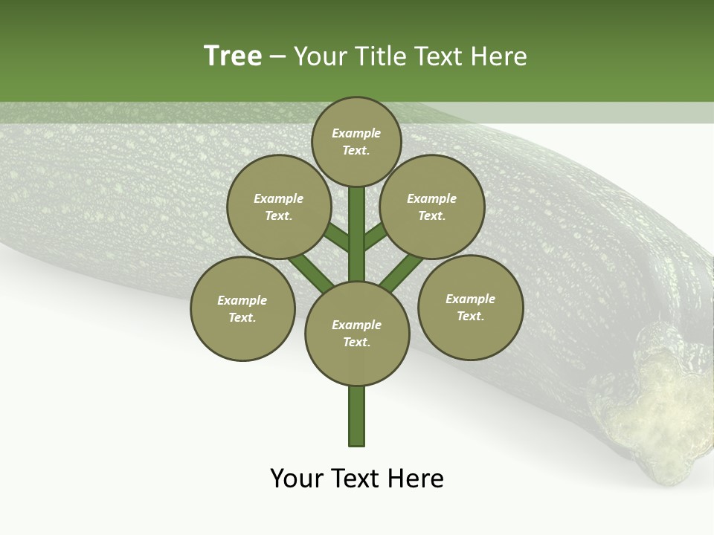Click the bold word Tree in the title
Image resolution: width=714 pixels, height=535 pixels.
tap(233, 56)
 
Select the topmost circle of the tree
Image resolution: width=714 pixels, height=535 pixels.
tap(356, 141)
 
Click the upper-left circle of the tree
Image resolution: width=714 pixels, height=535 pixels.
tap(278, 207)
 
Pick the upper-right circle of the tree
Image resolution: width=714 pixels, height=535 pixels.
tap(431, 207)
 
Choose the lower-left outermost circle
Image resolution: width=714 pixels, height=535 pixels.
tap(242, 308)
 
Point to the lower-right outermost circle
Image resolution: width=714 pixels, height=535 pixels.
tap(470, 307)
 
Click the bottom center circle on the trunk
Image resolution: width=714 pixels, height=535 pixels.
tap(357, 333)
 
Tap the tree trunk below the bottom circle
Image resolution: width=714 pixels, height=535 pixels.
tap(357, 416)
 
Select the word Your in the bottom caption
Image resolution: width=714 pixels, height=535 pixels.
tap(297, 479)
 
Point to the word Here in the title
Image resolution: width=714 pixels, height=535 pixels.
tap(499, 56)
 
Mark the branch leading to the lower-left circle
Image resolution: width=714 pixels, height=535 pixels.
tap(311, 272)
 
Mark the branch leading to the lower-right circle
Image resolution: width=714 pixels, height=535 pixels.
tap(402, 272)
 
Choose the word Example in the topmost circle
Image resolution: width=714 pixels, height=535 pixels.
tap(356, 134)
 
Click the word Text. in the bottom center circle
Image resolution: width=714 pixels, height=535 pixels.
tap(356, 342)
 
